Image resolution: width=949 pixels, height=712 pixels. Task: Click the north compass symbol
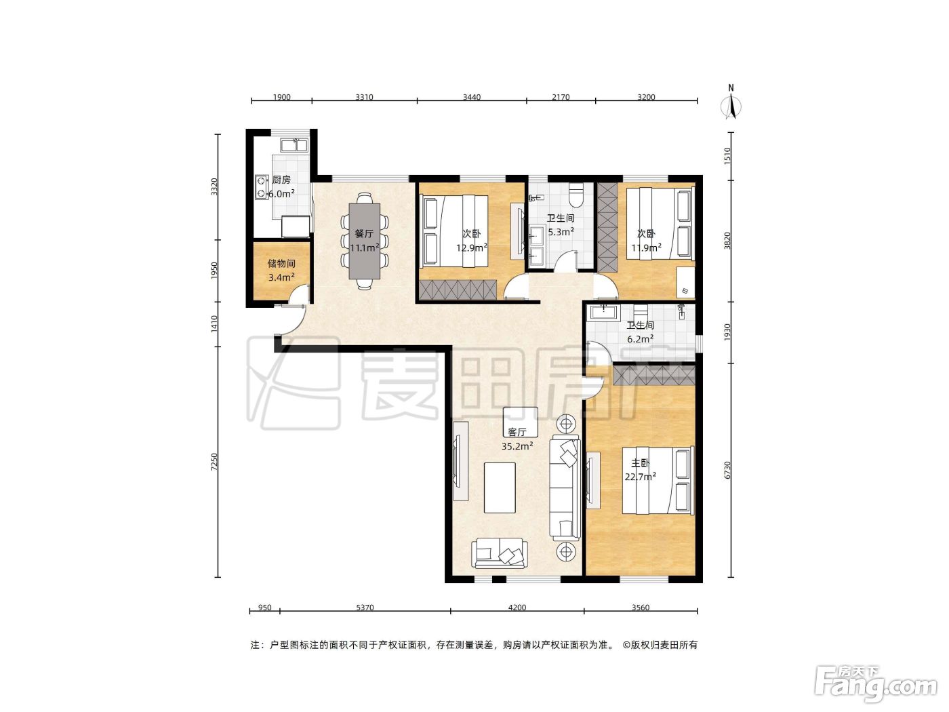(731, 104)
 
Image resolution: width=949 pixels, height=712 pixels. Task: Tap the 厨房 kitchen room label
(281, 180)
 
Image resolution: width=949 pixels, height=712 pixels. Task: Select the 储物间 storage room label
(281, 263)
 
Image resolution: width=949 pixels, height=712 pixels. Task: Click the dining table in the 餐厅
(365, 241)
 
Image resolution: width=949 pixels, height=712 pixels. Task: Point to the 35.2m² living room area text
(517, 446)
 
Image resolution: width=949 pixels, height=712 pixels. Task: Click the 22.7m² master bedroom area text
(641, 477)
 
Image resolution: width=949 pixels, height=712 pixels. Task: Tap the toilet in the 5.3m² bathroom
(576, 195)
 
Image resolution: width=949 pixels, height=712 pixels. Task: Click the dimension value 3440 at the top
(472, 97)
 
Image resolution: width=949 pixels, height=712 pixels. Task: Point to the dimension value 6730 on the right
(727, 470)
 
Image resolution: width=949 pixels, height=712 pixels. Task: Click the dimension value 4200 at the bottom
(517, 608)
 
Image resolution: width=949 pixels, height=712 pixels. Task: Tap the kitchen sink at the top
(294, 145)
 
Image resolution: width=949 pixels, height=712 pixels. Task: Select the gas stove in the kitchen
(261, 186)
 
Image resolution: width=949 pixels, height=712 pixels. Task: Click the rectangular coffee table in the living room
(500, 488)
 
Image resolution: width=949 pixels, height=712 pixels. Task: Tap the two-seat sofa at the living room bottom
(500, 553)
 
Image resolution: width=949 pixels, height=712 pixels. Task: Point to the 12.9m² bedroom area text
(472, 248)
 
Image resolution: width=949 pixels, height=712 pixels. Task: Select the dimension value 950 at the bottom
(264, 608)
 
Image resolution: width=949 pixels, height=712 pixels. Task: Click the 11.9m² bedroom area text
(647, 248)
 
